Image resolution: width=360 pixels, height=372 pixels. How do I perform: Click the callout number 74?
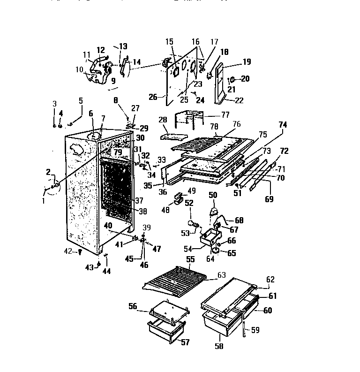point(283,125)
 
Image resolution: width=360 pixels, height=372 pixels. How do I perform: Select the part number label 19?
point(247,61)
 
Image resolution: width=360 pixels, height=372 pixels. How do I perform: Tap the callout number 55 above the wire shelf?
point(190,258)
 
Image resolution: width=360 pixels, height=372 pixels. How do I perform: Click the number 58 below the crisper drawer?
point(219,347)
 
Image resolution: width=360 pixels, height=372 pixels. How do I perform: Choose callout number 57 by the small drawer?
point(186,342)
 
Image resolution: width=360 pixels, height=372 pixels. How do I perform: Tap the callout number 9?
point(112,81)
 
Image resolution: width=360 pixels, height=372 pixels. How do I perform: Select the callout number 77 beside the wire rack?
point(225,114)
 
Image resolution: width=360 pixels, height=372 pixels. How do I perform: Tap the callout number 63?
point(222,275)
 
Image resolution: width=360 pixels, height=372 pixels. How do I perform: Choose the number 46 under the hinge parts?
point(144,265)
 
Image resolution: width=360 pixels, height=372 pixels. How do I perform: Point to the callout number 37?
point(139,200)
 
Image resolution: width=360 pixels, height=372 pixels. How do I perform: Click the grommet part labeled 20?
point(232,78)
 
